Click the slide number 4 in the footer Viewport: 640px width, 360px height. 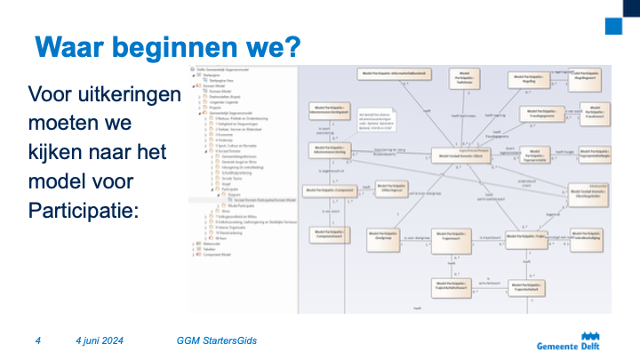pyautogui.click(x=38, y=340)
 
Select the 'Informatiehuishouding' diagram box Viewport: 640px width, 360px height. pyautogui.click(x=392, y=73)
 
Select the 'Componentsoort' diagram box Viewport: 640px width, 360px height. pyautogui.click(x=329, y=236)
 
